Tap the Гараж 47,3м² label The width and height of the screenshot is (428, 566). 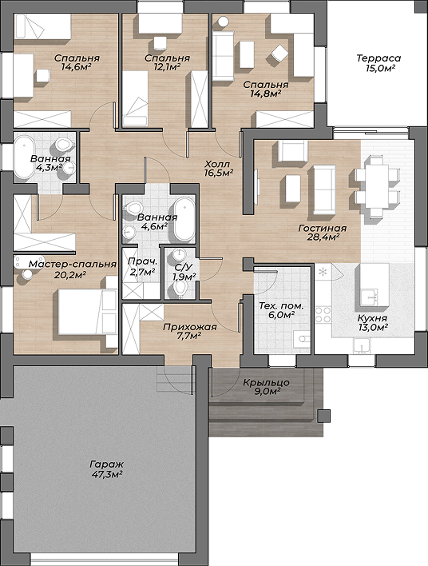coord(107,469)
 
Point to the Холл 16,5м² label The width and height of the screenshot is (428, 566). coord(217,168)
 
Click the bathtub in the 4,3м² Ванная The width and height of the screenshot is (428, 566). coord(24,157)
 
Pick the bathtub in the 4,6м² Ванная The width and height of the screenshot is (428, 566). coord(184,218)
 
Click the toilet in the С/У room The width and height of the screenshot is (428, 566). coord(180,289)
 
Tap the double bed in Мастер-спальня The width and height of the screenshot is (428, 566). coord(87,312)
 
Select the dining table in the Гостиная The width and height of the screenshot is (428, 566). coord(377,186)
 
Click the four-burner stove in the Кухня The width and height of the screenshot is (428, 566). coord(323,315)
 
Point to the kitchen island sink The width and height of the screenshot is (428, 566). coord(368,296)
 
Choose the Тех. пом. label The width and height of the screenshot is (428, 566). coord(281,306)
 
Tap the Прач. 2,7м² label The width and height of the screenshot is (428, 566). coord(143,266)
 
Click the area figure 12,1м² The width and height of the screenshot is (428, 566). coord(167,67)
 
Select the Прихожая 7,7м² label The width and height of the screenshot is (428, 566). coord(190,332)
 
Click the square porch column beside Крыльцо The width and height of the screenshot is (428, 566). coord(323,417)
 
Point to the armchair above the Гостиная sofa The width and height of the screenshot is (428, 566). coord(293,150)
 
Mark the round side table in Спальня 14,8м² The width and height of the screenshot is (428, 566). coord(223,22)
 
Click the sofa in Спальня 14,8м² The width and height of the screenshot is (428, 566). coord(223,55)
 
